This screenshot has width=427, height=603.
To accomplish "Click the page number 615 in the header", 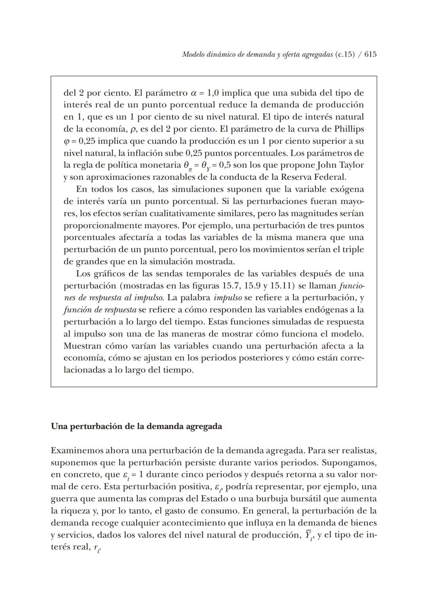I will (370, 55).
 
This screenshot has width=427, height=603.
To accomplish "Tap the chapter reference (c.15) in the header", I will (344, 55).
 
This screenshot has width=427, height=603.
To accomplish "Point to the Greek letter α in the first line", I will (193, 93).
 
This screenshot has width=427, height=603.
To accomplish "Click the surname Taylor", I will (351, 165).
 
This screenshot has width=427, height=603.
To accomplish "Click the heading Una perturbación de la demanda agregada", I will (136, 426).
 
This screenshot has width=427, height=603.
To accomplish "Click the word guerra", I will (64, 499).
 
